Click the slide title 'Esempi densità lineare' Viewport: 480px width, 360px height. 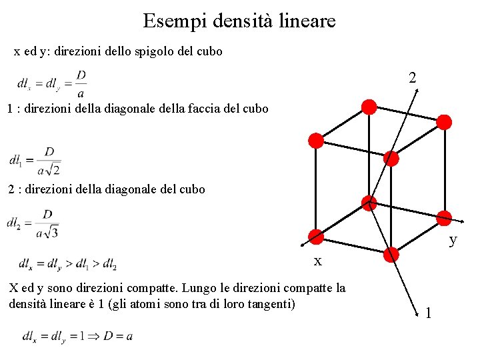[239, 21]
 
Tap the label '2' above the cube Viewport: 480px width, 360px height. [413, 78]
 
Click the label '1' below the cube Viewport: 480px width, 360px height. [428, 312]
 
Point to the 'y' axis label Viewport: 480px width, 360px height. [453, 239]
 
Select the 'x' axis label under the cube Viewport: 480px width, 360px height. [318, 261]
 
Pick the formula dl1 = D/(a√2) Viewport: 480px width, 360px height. [35, 161]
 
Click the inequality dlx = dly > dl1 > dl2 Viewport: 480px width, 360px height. [68, 263]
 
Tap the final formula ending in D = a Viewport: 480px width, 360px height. [77, 335]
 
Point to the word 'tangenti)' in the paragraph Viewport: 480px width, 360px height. [269, 304]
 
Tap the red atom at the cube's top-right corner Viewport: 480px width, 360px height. [444, 122]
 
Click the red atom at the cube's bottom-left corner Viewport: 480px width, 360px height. [316, 237]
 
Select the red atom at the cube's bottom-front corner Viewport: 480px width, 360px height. [391, 254]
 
